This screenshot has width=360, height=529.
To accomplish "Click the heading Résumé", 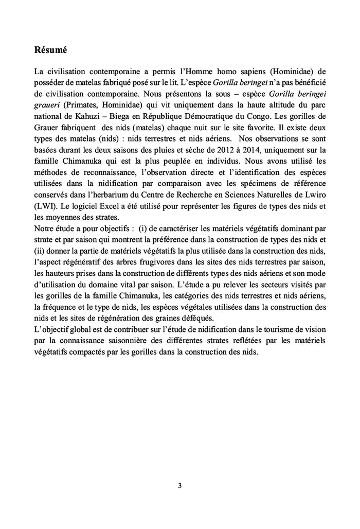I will click(x=50, y=51).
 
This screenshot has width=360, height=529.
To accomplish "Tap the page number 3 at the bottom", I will click(x=179, y=485).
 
